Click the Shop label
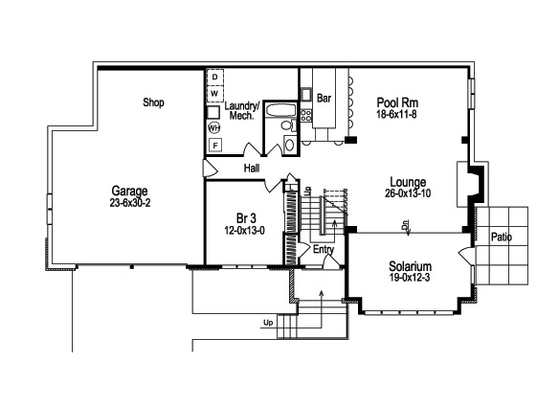coord(153,102)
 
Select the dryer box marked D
coord(215,76)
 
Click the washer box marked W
coord(215,93)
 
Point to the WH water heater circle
coord(215,126)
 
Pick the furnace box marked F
coord(215,146)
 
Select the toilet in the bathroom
coord(289,145)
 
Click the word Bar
coord(324,97)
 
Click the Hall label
coord(252,168)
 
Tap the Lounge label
coord(408,181)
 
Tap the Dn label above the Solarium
coord(407,228)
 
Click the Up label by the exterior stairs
coord(267,323)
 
